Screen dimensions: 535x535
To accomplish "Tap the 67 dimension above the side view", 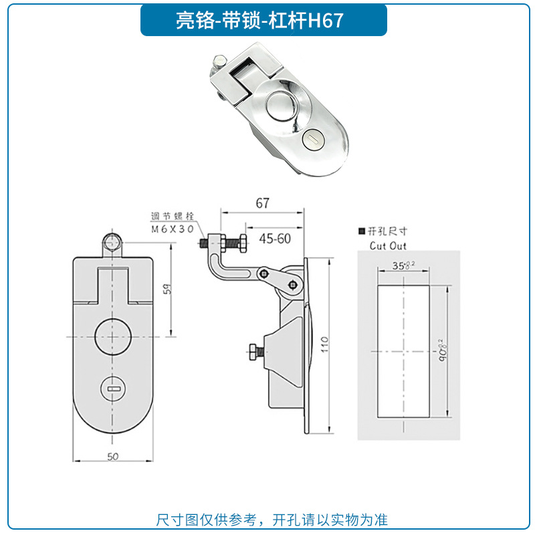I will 262,201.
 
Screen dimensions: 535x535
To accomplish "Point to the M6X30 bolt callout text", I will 172,229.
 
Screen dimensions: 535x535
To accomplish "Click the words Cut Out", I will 388,245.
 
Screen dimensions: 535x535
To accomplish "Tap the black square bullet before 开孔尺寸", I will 362,231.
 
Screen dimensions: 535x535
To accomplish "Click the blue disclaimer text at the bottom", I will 272,520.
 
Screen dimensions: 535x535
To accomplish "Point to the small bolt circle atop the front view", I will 112,242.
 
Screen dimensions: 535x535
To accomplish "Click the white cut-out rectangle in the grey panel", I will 401,351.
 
